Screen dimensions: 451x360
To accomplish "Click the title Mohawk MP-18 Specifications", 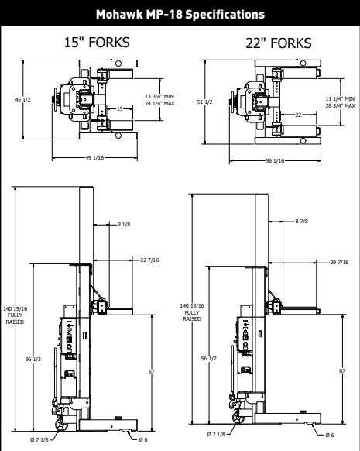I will tap(180, 14).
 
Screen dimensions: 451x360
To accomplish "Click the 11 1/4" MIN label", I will tap(340, 99).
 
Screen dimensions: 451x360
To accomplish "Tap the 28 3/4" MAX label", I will tap(340, 105).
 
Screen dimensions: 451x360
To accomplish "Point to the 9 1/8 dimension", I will tap(124, 225).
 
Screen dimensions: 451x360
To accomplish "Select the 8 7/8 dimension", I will tap(303, 222).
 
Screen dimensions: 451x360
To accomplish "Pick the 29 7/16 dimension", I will tap(340, 263).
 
